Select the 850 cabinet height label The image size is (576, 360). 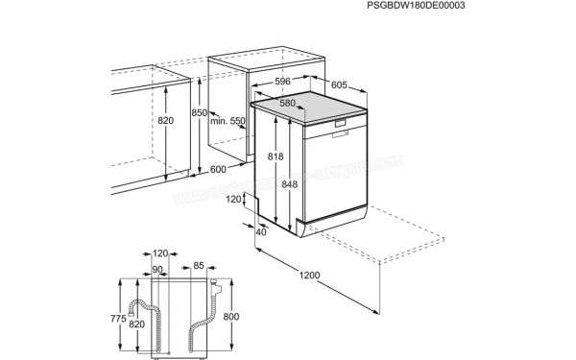click(199, 113)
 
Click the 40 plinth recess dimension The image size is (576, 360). click(262, 231)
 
